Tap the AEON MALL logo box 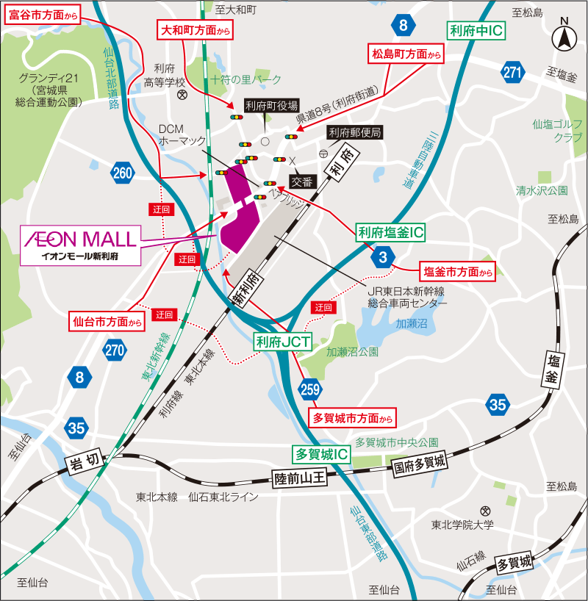(x=80, y=245)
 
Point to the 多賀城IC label (x=320, y=454)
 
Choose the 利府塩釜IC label (x=391, y=233)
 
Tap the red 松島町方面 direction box (x=406, y=54)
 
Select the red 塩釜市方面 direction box (x=456, y=270)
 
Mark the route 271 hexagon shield (x=512, y=71)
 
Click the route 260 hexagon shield (x=123, y=173)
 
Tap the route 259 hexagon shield (x=309, y=389)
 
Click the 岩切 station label (x=83, y=464)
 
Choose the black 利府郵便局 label (x=355, y=133)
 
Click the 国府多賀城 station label (x=419, y=464)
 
